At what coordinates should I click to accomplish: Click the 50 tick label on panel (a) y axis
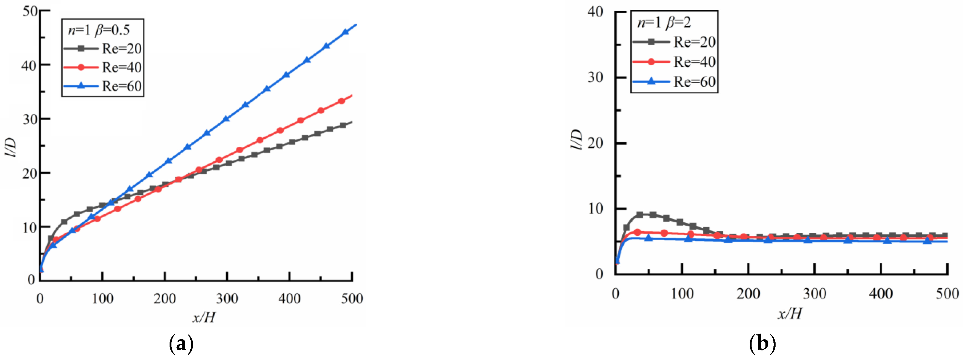pyautogui.click(x=30, y=11)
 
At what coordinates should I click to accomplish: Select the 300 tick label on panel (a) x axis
pyautogui.click(x=227, y=299)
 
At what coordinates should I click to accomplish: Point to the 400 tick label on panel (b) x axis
pyautogui.click(x=881, y=293)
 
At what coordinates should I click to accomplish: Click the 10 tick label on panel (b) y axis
pyautogui.click(x=596, y=209)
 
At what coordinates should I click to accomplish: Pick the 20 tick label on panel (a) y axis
pyautogui.click(x=30, y=173)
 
